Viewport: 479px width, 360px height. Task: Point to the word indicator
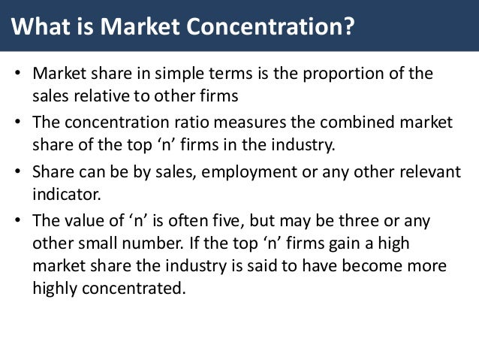(66, 192)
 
